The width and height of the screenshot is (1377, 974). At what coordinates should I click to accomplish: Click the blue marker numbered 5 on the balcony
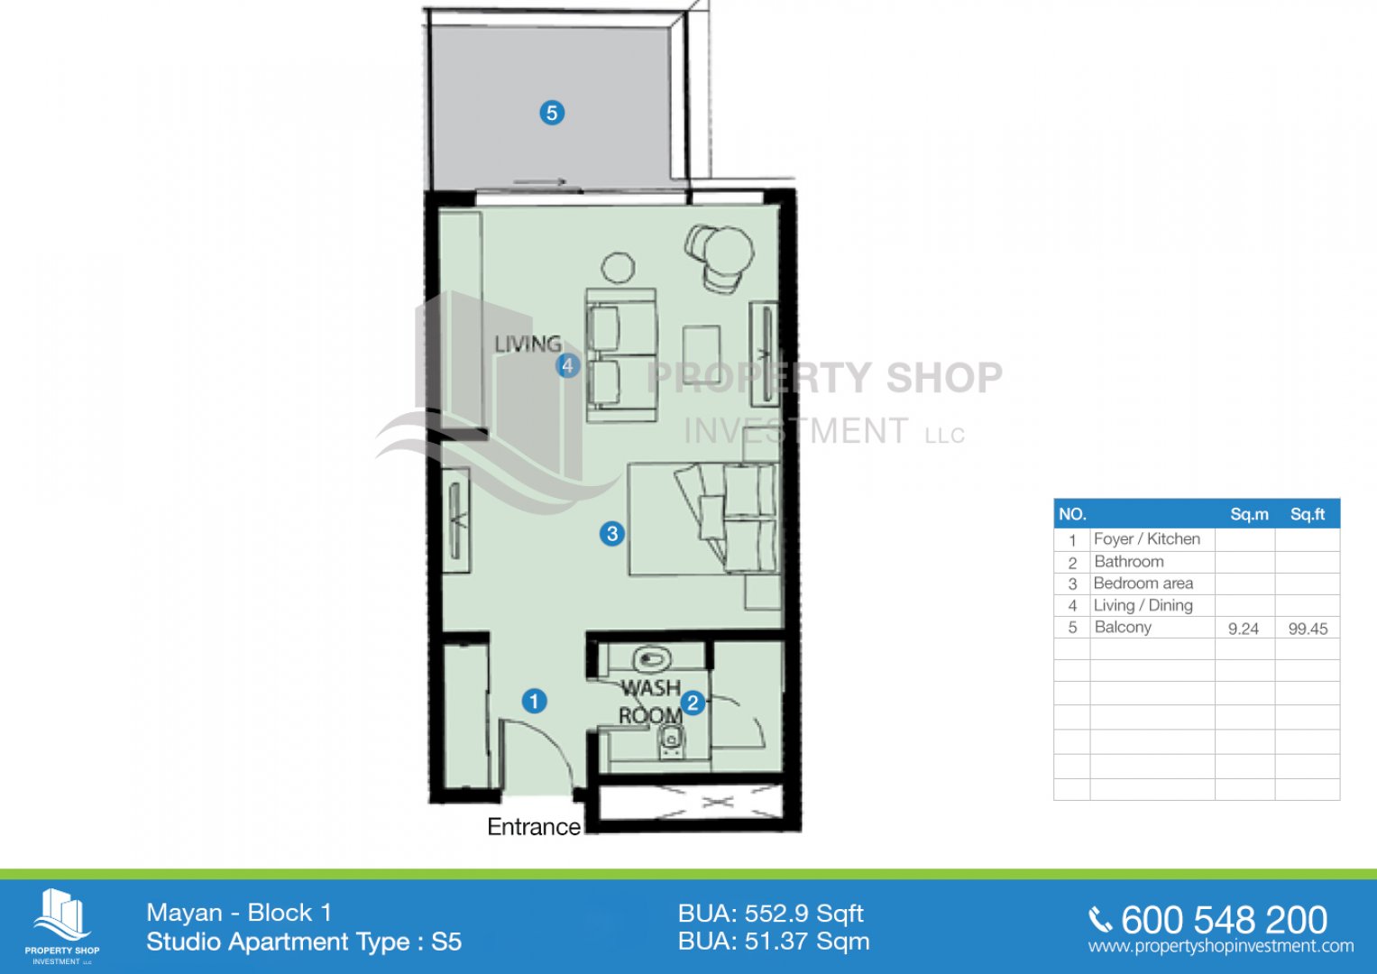point(552,113)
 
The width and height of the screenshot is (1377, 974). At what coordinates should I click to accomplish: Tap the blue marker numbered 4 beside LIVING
point(568,366)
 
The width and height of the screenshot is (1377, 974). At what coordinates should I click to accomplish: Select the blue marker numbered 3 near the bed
point(612,533)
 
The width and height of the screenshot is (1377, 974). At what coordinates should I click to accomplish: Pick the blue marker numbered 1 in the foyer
point(534,701)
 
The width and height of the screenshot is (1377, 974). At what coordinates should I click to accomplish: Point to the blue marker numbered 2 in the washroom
point(693,703)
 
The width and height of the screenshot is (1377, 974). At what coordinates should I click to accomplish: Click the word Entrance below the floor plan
point(534,827)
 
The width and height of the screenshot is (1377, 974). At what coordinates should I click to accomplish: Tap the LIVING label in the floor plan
point(528,344)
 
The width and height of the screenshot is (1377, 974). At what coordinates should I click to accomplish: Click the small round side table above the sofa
point(618,268)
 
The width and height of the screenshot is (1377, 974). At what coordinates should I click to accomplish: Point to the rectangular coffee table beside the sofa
point(702,354)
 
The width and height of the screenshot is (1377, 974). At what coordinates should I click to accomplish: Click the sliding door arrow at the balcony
point(540,182)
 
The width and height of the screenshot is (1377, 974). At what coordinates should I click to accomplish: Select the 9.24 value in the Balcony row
point(1243,629)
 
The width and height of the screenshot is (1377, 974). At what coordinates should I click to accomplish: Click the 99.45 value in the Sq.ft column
point(1308,629)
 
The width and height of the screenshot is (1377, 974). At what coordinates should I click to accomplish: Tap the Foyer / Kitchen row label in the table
point(1146,539)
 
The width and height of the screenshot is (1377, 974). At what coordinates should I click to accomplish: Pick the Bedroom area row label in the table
point(1143,583)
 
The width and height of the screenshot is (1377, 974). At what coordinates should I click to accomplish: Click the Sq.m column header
point(1249,515)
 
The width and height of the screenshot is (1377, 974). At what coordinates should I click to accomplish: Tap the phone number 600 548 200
point(1224,920)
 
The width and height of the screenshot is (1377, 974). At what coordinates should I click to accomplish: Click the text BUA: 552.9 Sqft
point(771,914)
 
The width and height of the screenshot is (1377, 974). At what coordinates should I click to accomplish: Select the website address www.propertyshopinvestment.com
point(1221,946)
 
